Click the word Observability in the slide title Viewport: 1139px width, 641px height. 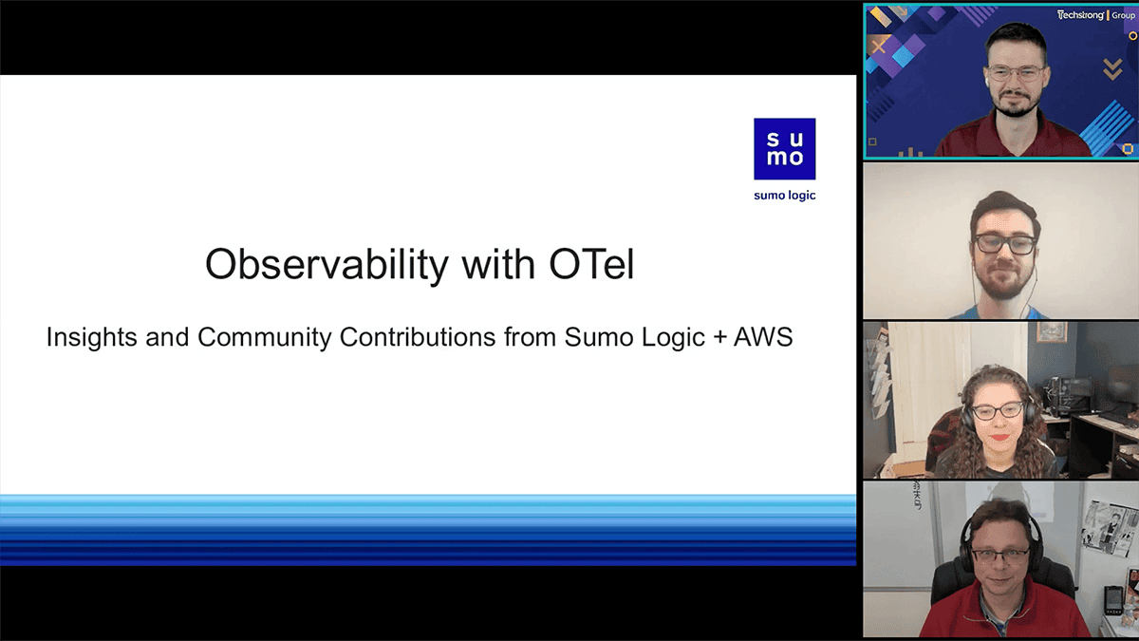click(x=327, y=265)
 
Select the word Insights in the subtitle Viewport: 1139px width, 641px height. click(x=91, y=337)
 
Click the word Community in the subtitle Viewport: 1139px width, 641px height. click(x=265, y=337)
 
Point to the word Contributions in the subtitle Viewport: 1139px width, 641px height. click(x=418, y=337)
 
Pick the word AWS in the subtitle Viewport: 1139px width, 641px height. click(x=763, y=337)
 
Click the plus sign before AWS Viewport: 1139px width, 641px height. click(x=719, y=338)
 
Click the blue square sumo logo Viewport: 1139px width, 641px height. click(x=785, y=149)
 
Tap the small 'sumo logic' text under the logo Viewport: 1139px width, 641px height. click(x=785, y=196)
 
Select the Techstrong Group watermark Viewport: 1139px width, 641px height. click(x=1095, y=15)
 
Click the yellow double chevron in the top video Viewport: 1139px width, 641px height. click(x=1112, y=69)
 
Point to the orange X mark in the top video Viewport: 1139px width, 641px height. click(x=879, y=47)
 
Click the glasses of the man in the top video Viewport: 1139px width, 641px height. click(x=1017, y=74)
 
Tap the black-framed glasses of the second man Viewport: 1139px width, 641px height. click(x=1005, y=244)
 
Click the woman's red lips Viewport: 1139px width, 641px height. click(x=999, y=437)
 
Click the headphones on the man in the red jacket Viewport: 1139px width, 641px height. click(x=1000, y=539)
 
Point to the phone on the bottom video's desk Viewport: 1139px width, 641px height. click(x=1113, y=600)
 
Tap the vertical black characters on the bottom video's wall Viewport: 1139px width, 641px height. click(x=917, y=495)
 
